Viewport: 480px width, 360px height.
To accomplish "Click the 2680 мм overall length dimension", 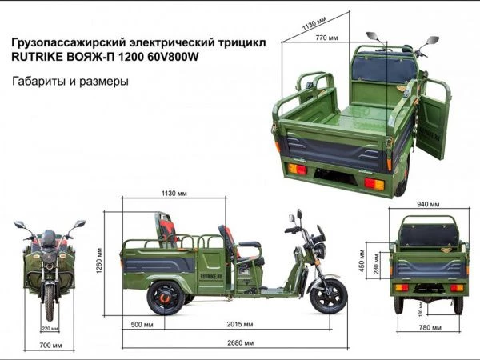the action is click(x=240, y=343).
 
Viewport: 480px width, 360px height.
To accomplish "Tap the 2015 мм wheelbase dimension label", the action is click(x=240, y=324).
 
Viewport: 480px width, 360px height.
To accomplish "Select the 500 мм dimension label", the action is click(x=142, y=325).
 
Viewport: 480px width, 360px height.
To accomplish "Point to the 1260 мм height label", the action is click(x=99, y=260).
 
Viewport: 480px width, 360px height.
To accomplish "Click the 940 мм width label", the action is click(x=428, y=204).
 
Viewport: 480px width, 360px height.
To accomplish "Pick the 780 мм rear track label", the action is click(x=430, y=327).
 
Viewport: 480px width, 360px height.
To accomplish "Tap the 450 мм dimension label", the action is click(x=362, y=261).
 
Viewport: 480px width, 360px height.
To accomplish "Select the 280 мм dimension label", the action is click(x=376, y=263).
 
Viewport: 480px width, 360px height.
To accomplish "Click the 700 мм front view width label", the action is click(x=50, y=346).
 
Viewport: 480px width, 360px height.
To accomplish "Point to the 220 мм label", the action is click(x=50, y=329).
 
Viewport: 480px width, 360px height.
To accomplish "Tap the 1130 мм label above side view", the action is click(x=174, y=194).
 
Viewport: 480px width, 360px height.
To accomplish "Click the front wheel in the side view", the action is click(x=329, y=296).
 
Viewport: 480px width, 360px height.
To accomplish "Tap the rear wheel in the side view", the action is click(x=166, y=298).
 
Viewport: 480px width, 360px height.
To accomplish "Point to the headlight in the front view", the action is click(x=50, y=257).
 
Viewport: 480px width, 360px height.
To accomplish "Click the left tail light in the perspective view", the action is click(x=298, y=169).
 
